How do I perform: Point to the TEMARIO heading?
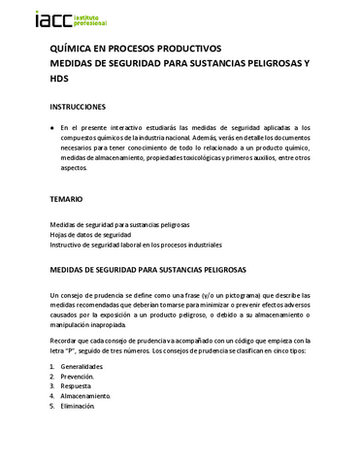click(66, 198)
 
